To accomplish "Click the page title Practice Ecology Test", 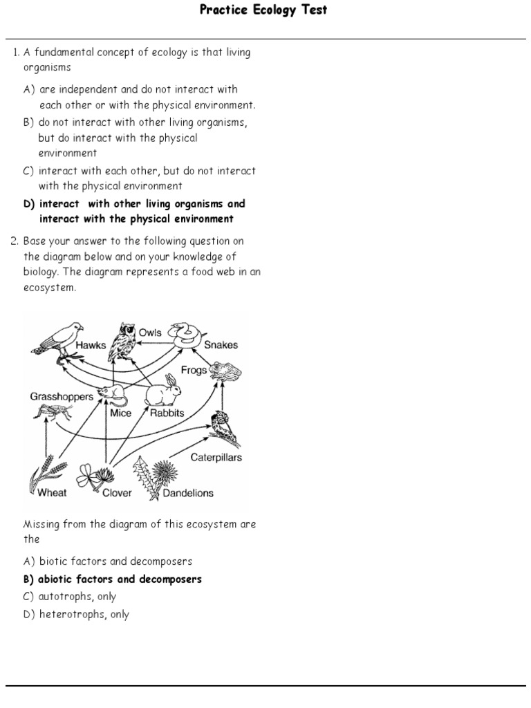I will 263,10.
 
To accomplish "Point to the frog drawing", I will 224,372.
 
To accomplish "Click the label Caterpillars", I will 216,458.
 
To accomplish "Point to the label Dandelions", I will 187,493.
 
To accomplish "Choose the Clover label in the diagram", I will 118,493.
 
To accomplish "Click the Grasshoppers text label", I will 62,397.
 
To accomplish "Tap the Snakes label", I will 221,345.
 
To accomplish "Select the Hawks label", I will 91,345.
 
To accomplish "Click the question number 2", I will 14,241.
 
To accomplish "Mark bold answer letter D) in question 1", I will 29,204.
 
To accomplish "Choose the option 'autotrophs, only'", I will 77,597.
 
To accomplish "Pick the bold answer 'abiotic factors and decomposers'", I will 120,579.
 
